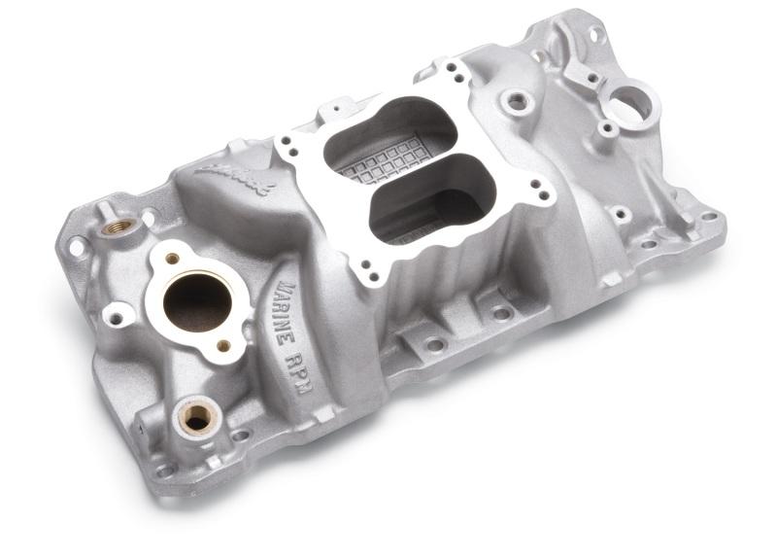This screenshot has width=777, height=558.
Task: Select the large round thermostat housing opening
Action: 197,299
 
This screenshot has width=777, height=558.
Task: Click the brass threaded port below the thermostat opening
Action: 196,417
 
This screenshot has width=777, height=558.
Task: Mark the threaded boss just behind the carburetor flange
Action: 516,100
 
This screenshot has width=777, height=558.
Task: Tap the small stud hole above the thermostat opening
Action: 173,259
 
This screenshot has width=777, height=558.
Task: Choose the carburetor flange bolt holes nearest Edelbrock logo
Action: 287,145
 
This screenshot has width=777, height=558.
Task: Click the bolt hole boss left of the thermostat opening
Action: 118,315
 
